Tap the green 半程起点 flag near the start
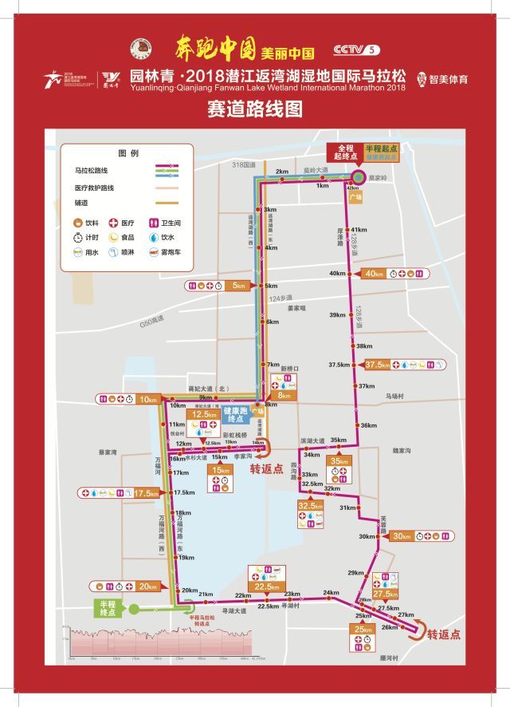[x=379, y=150]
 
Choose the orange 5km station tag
[x=237, y=286]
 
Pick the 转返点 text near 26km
[x=443, y=636]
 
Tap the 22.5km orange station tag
[x=269, y=587]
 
